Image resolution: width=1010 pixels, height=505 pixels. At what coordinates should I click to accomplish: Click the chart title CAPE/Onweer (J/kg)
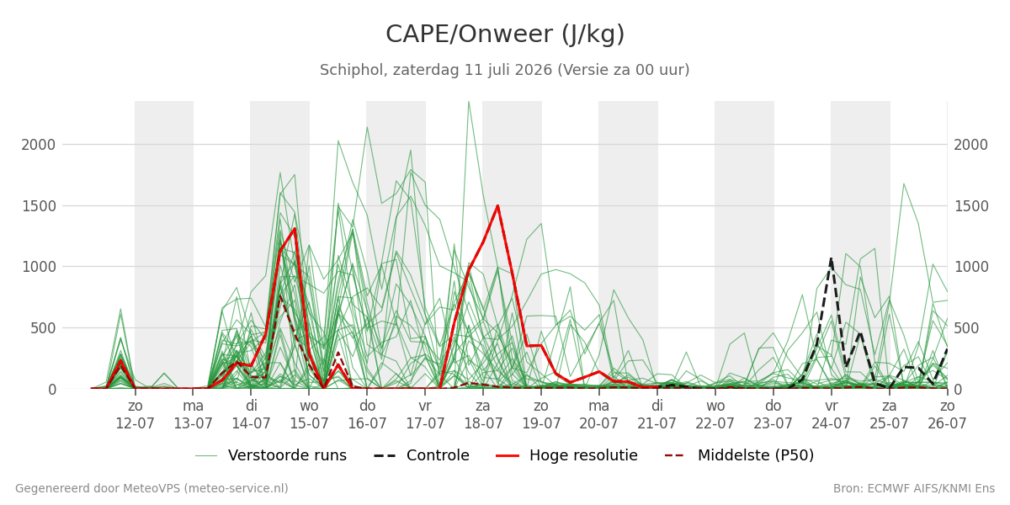click(505, 35)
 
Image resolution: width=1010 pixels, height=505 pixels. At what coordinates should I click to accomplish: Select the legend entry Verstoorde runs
click(271, 455)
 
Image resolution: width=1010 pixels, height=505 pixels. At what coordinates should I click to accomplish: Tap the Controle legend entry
click(422, 455)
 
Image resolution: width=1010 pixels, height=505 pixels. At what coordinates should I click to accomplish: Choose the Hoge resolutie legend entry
click(566, 455)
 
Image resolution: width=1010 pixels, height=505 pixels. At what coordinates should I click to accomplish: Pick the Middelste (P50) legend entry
click(740, 455)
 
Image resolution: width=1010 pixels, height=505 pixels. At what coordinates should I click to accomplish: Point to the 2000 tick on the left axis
click(39, 145)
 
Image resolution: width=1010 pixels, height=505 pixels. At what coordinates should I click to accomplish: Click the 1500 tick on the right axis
click(971, 206)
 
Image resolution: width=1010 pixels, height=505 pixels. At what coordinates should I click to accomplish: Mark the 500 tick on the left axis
click(43, 327)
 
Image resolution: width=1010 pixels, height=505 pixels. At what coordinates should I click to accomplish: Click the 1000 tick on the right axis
click(971, 267)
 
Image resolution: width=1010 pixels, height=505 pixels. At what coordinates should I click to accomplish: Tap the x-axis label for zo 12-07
click(136, 415)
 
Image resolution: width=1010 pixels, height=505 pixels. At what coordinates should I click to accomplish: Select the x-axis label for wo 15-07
click(310, 415)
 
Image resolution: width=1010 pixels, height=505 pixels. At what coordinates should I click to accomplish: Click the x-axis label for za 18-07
click(483, 415)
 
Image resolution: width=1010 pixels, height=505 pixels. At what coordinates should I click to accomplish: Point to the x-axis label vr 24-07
click(831, 415)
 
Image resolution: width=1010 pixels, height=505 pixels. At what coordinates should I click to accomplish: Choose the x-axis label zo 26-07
click(948, 415)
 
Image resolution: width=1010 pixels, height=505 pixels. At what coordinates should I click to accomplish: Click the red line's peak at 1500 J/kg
click(497, 206)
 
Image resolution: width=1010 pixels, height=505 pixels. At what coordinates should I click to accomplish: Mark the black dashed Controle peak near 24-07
click(831, 259)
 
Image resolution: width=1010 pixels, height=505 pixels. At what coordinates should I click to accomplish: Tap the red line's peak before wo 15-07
click(295, 229)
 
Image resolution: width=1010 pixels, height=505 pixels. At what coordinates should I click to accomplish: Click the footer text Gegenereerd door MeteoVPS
click(151, 489)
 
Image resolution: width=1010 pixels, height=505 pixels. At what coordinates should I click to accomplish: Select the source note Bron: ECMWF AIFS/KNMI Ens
click(914, 489)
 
